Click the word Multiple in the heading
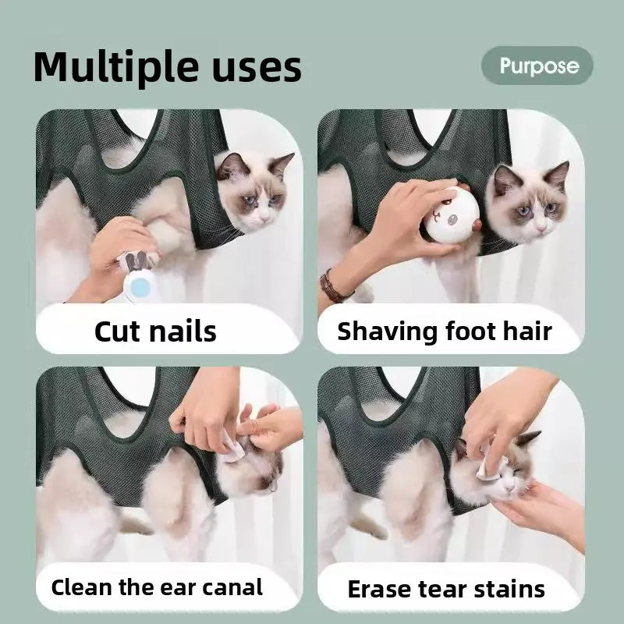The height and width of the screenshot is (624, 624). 115,67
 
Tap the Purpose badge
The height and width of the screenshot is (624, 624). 537,66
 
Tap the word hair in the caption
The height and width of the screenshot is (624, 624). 527,331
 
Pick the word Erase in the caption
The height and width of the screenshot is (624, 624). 379,589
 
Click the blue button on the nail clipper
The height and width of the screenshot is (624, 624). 140,287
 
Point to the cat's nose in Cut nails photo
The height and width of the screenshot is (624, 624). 263,218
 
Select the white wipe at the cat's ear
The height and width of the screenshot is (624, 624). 232,449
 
